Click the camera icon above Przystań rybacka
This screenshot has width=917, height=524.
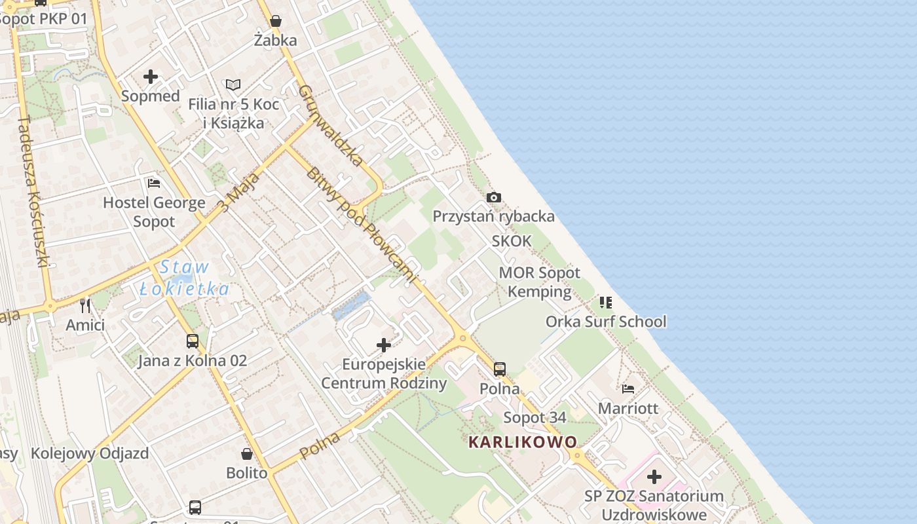click(494, 197)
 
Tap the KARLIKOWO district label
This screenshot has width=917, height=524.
click(523, 442)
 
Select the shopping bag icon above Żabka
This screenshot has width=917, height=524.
click(276, 21)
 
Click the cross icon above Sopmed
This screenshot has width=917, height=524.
click(151, 77)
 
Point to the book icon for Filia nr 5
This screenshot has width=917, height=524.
click(233, 84)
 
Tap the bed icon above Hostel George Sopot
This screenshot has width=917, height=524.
click(154, 183)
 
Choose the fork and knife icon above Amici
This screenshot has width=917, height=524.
click(85, 305)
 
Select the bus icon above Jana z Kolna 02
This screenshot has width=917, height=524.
click(192, 341)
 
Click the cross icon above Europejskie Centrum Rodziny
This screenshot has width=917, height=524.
click(384, 345)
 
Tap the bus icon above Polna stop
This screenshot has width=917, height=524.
click(500, 369)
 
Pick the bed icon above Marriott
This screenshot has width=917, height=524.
click(628, 388)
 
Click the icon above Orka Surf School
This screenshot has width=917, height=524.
click(606, 302)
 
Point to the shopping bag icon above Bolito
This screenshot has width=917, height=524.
click(247, 453)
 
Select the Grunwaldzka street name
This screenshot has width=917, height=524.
click(331, 124)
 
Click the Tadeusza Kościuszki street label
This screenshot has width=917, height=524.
click(34, 191)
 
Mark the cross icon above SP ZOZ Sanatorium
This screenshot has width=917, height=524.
click(654, 477)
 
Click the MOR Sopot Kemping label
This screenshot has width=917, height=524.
click(540, 282)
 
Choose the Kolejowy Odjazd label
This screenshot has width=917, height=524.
click(90, 453)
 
